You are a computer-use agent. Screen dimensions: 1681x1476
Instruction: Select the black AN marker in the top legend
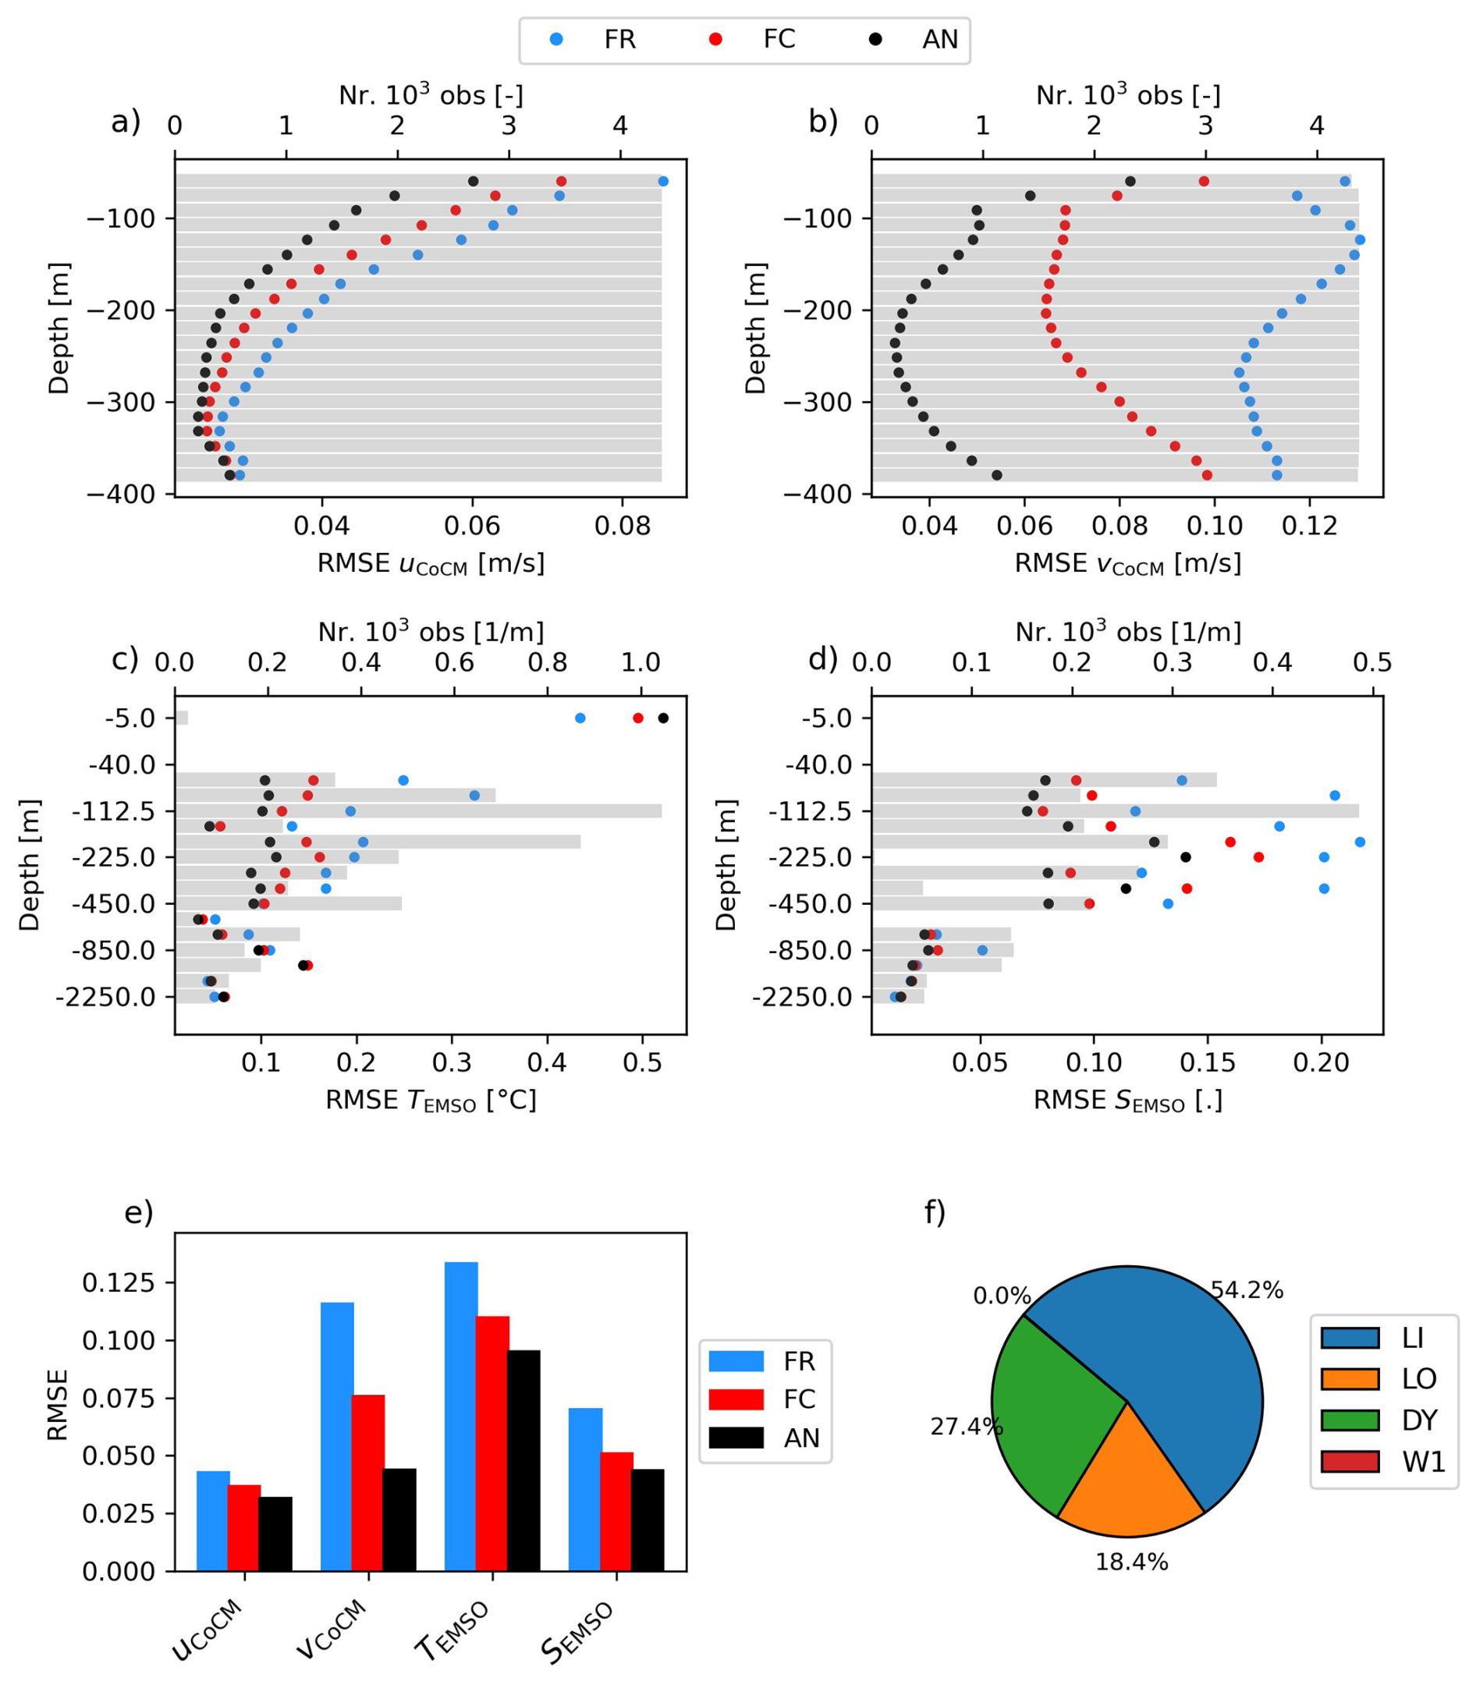tap(876, 40)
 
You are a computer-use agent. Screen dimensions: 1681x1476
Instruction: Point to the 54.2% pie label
tap(1247, 1290)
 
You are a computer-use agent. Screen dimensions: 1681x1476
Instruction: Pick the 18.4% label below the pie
tap(1131, 1562)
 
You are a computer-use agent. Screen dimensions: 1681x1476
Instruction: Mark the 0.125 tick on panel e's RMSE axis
tap(118, 1282)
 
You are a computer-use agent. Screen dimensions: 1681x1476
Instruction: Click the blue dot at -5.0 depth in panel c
tap(580, 718)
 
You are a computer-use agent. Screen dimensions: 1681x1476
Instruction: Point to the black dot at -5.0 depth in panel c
tap(664, 718)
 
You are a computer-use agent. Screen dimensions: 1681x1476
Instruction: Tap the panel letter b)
tap(823, 122)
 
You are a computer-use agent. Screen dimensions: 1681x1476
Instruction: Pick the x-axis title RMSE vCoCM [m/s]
tap(1127, 564)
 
